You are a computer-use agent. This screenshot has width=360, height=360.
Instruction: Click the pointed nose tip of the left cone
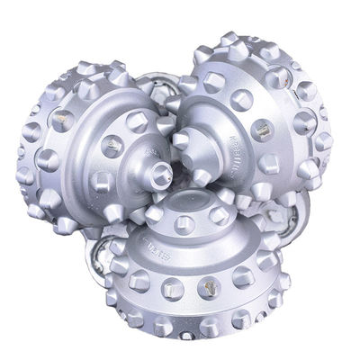162,168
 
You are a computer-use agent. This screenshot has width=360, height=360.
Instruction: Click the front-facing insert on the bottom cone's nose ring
194,219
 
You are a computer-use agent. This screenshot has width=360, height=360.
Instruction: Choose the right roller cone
261,117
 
